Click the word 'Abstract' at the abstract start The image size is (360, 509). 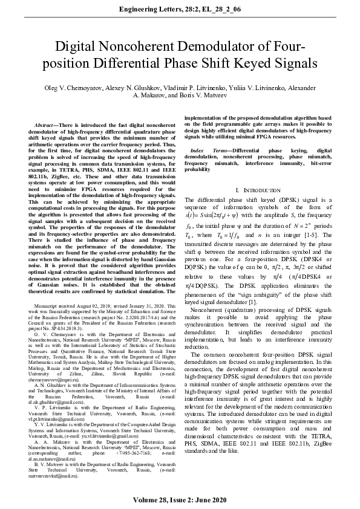pos(48,124)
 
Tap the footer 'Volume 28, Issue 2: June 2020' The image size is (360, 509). pos(180,500)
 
